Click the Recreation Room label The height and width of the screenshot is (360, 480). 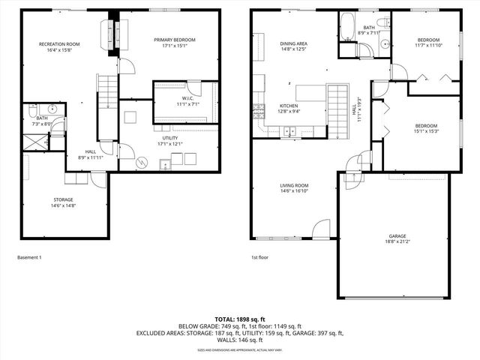point(59,44)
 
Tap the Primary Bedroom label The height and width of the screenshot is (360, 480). point(175,40)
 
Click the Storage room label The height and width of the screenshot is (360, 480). point(64,200)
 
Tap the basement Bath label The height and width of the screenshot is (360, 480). point(42,118)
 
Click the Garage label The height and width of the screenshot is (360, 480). point(397,235)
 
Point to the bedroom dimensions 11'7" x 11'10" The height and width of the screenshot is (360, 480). point(428,45)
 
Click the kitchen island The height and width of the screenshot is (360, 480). point(310,93)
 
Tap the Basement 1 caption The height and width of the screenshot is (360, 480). point(30,257)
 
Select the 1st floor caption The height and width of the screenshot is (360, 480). point(260,257)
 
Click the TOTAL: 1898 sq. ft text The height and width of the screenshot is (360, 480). point(239,319)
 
